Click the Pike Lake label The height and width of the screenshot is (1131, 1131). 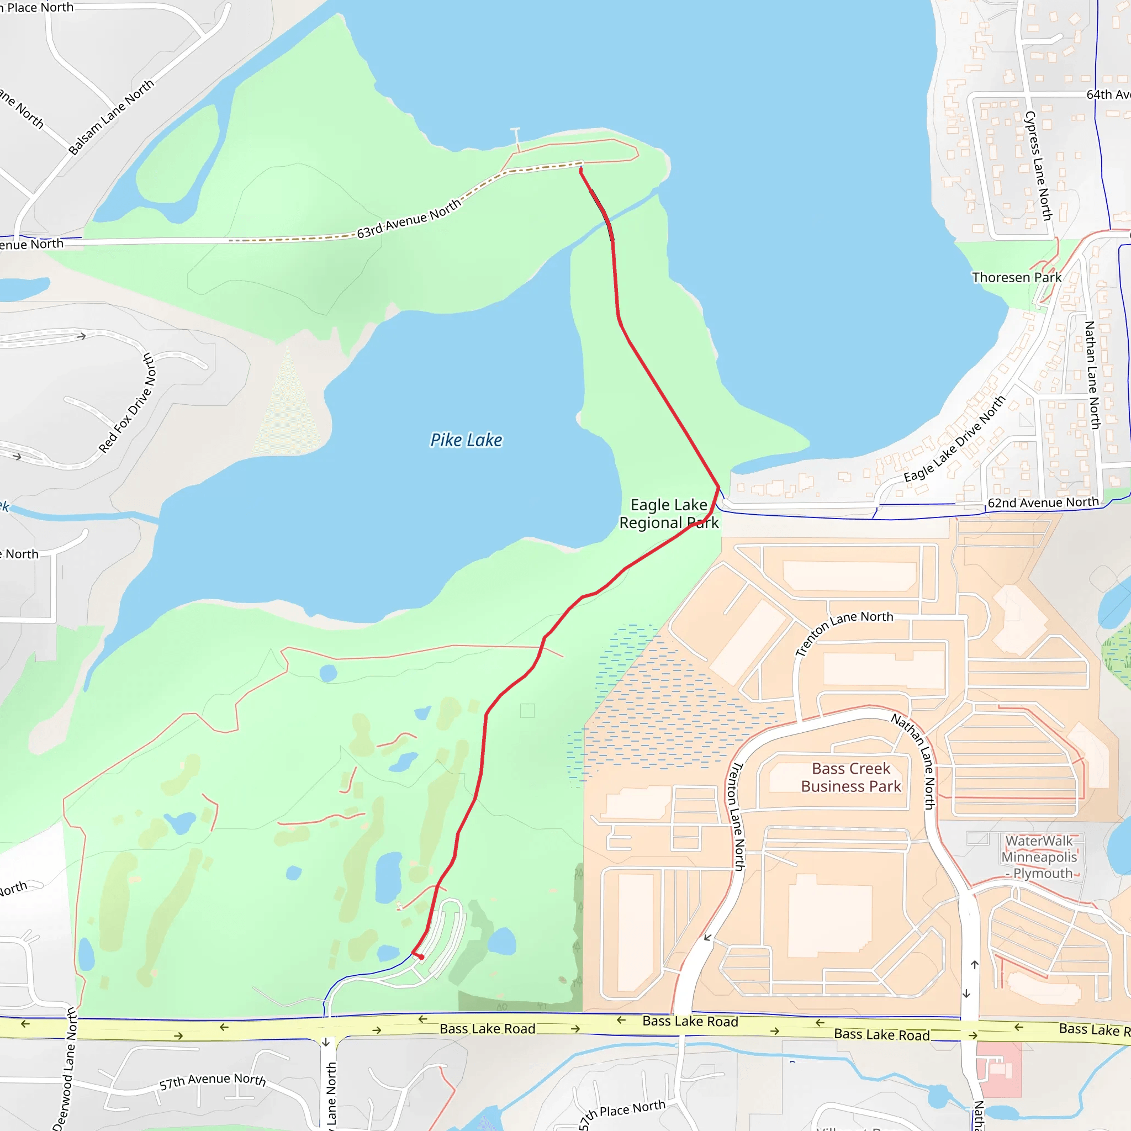(x=466, y=440)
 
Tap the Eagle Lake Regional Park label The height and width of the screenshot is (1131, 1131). (x=669, y=514)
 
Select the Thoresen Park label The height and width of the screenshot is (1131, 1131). (x=1016, y=277)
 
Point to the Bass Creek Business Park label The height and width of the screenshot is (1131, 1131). (x=850, y=778)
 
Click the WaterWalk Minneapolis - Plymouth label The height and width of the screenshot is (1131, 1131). (x=1039, y=857)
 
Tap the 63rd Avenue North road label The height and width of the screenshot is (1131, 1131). (x=409, y=219)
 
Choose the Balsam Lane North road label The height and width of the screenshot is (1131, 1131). (x=111, y=117)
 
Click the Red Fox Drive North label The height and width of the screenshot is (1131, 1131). (x=127, y=403)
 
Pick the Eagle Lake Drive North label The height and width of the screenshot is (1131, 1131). (x=954, y=439)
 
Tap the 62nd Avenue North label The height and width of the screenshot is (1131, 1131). (x=1043, y=503)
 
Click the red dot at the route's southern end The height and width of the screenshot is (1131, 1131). (x=421, y=957)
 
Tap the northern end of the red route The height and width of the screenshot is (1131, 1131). (x=581, y=169)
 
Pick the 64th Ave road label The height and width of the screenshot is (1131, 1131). (x=1108, y=94)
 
